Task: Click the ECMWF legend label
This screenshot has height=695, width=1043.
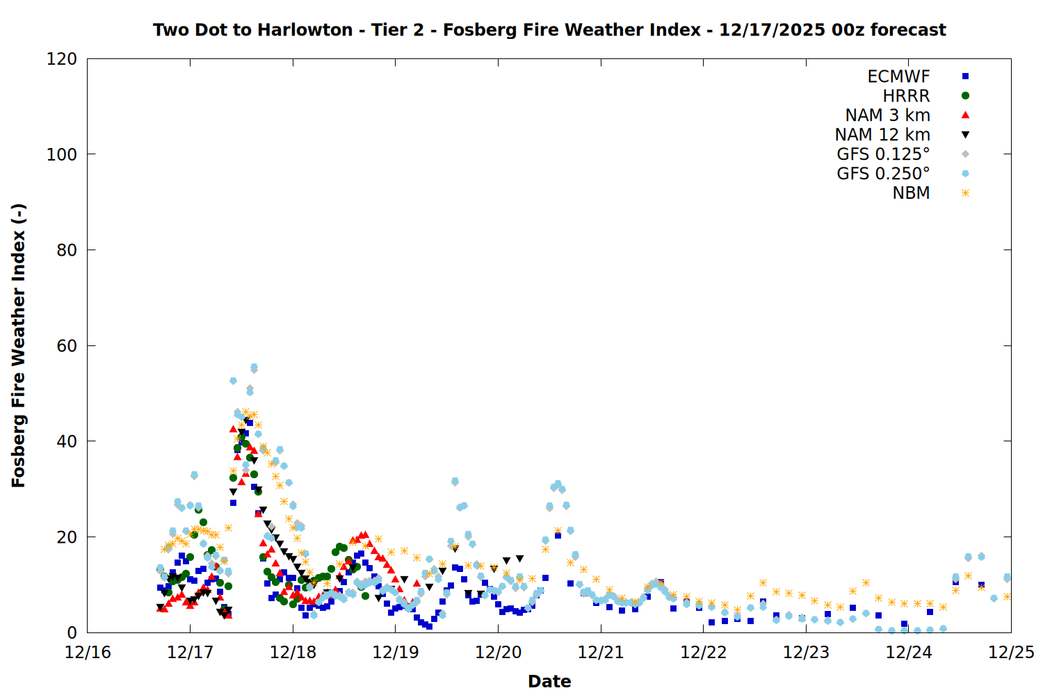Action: [x=898, y=76]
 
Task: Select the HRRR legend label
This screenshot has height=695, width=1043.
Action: [x=906, y=96]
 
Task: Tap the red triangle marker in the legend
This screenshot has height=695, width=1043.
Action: [x=965, y=115]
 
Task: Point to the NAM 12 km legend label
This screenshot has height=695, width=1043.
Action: [x=882, y=135]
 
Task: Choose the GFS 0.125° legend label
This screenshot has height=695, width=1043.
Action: [x=883, y=154]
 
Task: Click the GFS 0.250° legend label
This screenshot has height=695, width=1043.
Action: [x=883, y=174]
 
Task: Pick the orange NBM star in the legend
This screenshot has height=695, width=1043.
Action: [x=965, y=193]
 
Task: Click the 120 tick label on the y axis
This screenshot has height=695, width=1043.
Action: [x=62, y=59]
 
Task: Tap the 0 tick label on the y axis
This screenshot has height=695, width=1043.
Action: [x=72, y=632]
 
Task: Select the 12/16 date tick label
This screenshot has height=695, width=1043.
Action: [x=88, y=653]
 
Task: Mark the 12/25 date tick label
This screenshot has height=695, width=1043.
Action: [x=1011, y=653]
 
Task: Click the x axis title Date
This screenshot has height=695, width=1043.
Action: [x=549, y=681]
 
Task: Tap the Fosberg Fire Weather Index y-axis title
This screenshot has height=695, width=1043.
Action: [x=18, y=345]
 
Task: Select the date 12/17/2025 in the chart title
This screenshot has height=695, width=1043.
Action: [x=772, y=30]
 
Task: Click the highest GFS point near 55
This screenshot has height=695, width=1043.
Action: [x=254, y=367]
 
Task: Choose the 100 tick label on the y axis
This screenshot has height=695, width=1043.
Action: [x=62, y=154]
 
